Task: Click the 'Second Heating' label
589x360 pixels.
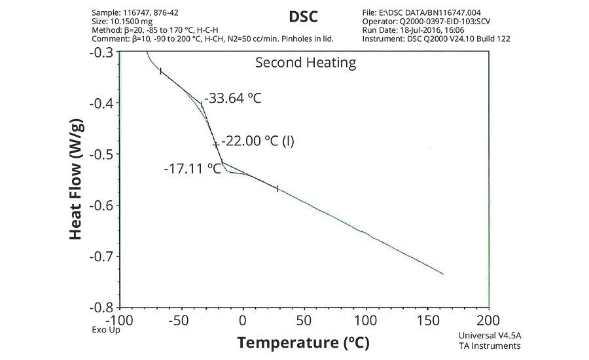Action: [x=306, y=63]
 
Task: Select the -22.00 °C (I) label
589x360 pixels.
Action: [x=257, y=141]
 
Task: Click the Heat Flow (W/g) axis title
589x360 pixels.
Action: [x=76, y=179]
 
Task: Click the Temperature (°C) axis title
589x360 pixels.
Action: [x=304, y=342]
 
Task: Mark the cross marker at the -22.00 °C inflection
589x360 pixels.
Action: [x=215, y=144]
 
